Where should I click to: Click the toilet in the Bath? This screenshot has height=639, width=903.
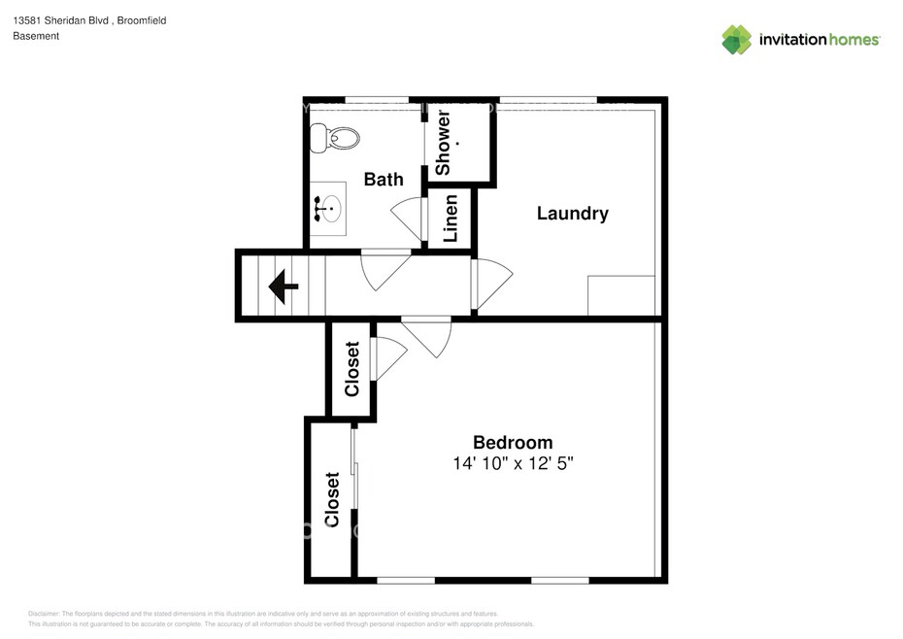tap(335, 138)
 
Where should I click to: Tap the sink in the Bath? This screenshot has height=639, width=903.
tap(328, 209)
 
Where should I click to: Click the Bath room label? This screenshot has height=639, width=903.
tap(384, 180)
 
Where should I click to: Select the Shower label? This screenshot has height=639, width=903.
tap(443, 144)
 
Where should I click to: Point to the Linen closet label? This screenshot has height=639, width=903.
tap(451, 219)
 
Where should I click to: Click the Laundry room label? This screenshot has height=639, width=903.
tap(573, 214)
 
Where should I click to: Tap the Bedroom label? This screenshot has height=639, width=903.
tap(513, 442)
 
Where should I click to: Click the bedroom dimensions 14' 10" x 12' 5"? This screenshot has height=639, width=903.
tap(513, 463)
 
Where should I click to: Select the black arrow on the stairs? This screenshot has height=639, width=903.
tap(284, 286)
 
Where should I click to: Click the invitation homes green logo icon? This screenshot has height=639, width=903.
tap(737, 40)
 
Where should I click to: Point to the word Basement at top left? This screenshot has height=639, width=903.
tap(36, 36)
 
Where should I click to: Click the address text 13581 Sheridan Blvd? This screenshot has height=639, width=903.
tap(60, 20)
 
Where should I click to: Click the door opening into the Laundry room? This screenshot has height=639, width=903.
tap(492, 284)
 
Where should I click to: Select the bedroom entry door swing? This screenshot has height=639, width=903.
tap(426, 337)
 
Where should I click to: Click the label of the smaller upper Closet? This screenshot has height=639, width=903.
tap(351, 369)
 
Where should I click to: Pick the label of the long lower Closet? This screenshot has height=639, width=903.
tap(332, 499)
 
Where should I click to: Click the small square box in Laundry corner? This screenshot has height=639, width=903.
tap(621, 295)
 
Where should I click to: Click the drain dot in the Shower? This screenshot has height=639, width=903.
tap(458, 143)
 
